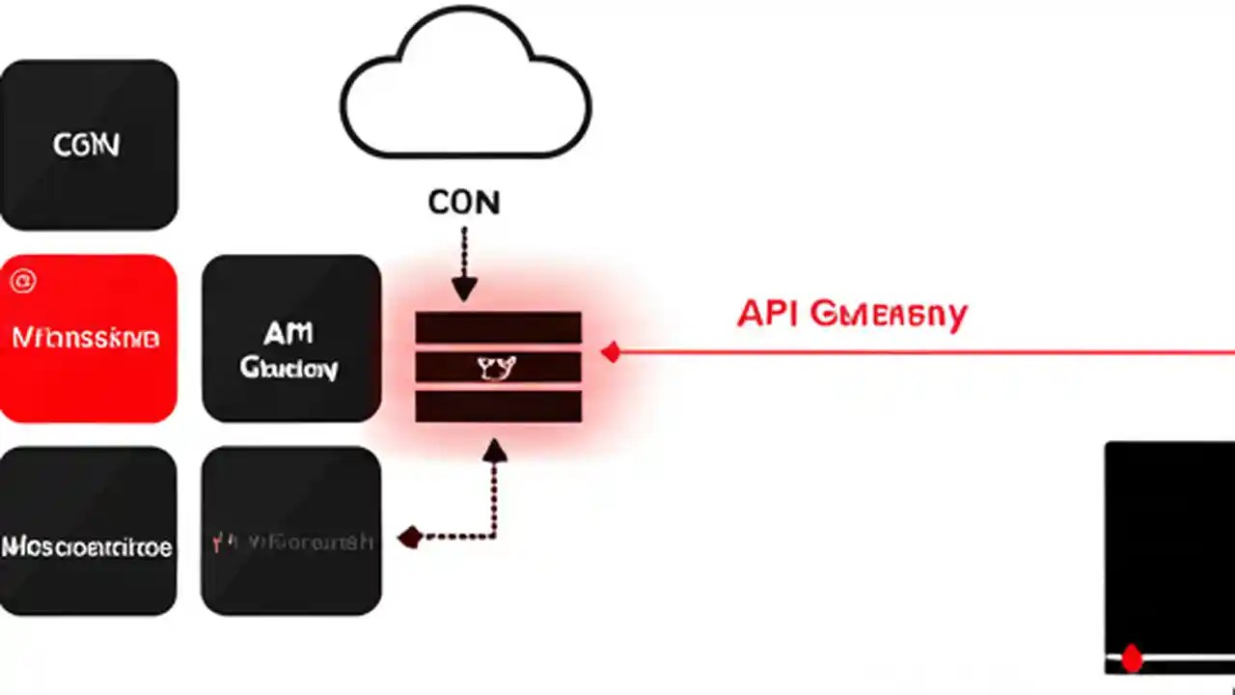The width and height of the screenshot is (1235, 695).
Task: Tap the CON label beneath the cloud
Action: tap(464, 203)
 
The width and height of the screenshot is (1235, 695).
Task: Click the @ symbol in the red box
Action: tap(21, 282)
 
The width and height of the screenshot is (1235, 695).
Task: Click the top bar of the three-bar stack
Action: tap(498, 328)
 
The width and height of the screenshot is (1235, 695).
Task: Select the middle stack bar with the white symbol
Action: tap(498, 367)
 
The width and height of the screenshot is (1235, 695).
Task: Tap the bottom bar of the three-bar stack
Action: tap(498, 405)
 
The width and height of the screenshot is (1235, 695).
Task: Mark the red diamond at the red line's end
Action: tap(610, 353)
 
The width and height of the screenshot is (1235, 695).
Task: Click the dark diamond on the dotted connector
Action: tap(410, 537)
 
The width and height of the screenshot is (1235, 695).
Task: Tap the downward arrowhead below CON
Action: tap(464, 289)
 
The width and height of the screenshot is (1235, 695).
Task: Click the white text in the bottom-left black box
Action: tap(87, 547)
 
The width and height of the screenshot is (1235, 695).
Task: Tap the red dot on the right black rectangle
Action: tap(1132, 659)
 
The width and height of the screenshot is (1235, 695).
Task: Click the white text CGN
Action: tap(87, 146)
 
